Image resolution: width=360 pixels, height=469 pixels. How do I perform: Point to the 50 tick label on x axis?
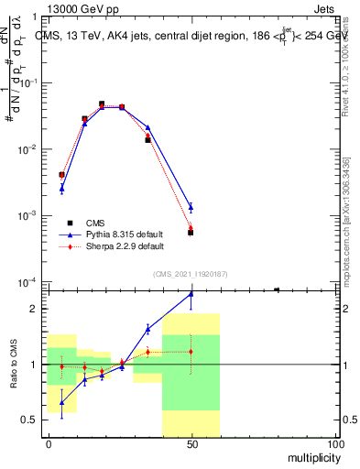coord(191,443)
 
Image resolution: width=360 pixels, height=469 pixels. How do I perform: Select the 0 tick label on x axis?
coord(49,443)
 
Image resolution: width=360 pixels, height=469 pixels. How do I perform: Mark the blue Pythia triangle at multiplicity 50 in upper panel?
coord(191,207)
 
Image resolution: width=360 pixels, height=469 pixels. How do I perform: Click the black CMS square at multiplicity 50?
coord(191,233)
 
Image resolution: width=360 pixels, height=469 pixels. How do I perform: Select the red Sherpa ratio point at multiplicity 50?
coord(191,351)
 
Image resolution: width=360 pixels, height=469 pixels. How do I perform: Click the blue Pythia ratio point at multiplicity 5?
coord(61,402)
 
